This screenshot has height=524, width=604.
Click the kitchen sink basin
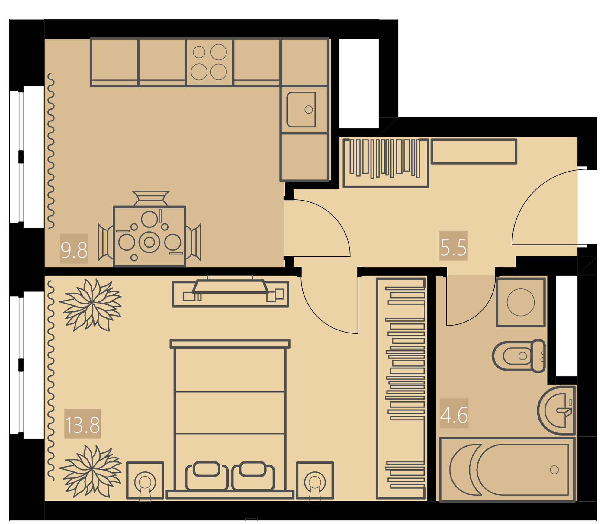click(x=301, y=110)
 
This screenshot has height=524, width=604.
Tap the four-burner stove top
click(x=209, y=62)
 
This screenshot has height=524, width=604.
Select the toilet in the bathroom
click(x=519, y=356)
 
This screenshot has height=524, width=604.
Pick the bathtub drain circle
click(x=554, y=470)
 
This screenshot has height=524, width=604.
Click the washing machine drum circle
click(x=521, y=302)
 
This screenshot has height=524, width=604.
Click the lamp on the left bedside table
click(x=145, y=482)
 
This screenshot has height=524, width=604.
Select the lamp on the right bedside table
click(x=315, y=482)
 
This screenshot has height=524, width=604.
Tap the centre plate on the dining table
click(x=149, y=242)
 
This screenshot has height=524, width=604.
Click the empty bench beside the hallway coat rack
click(x=474, y=151)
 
